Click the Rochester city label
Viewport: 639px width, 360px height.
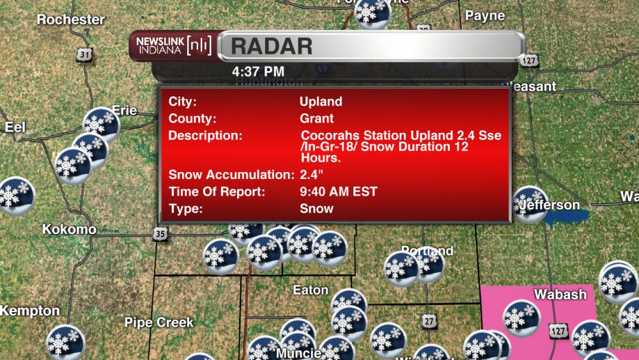(70, 20)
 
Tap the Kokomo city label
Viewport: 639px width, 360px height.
(69, 229)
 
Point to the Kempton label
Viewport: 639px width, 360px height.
(29, 311)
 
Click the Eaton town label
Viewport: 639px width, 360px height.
(311, 290)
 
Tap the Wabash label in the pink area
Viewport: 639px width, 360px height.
(560, 294)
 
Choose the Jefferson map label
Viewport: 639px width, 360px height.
(550, 205)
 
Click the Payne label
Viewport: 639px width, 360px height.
(485, 15)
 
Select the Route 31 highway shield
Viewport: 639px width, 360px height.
(85, 55)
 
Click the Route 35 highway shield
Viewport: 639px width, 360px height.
(160, 235)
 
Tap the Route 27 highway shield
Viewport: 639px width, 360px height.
(429, 320)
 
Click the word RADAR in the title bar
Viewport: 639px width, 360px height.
(272, 46)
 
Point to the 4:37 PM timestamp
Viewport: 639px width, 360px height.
(258, 70)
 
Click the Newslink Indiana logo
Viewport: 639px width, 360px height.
(173, 46)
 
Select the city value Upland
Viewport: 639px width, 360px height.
(321, 102)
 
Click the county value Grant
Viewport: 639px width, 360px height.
(316, 118)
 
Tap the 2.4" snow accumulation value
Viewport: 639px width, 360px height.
(311, 175)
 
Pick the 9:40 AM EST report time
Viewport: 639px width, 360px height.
(339, 191)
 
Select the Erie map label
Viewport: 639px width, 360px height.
(125, 111)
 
